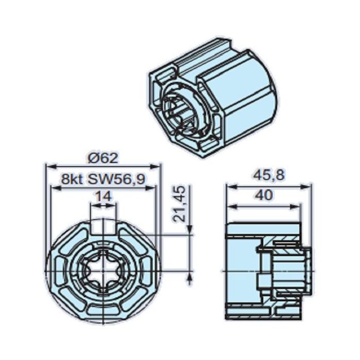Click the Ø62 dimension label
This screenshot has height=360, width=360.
[x=102, y=157]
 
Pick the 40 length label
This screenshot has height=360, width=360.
[x=263, y=195]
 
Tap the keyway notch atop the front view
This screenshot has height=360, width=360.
[x=103, y=226]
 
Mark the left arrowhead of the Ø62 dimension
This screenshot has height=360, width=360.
[x=49, y=166]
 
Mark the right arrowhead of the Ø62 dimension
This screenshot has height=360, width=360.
[x=158, y=166]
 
